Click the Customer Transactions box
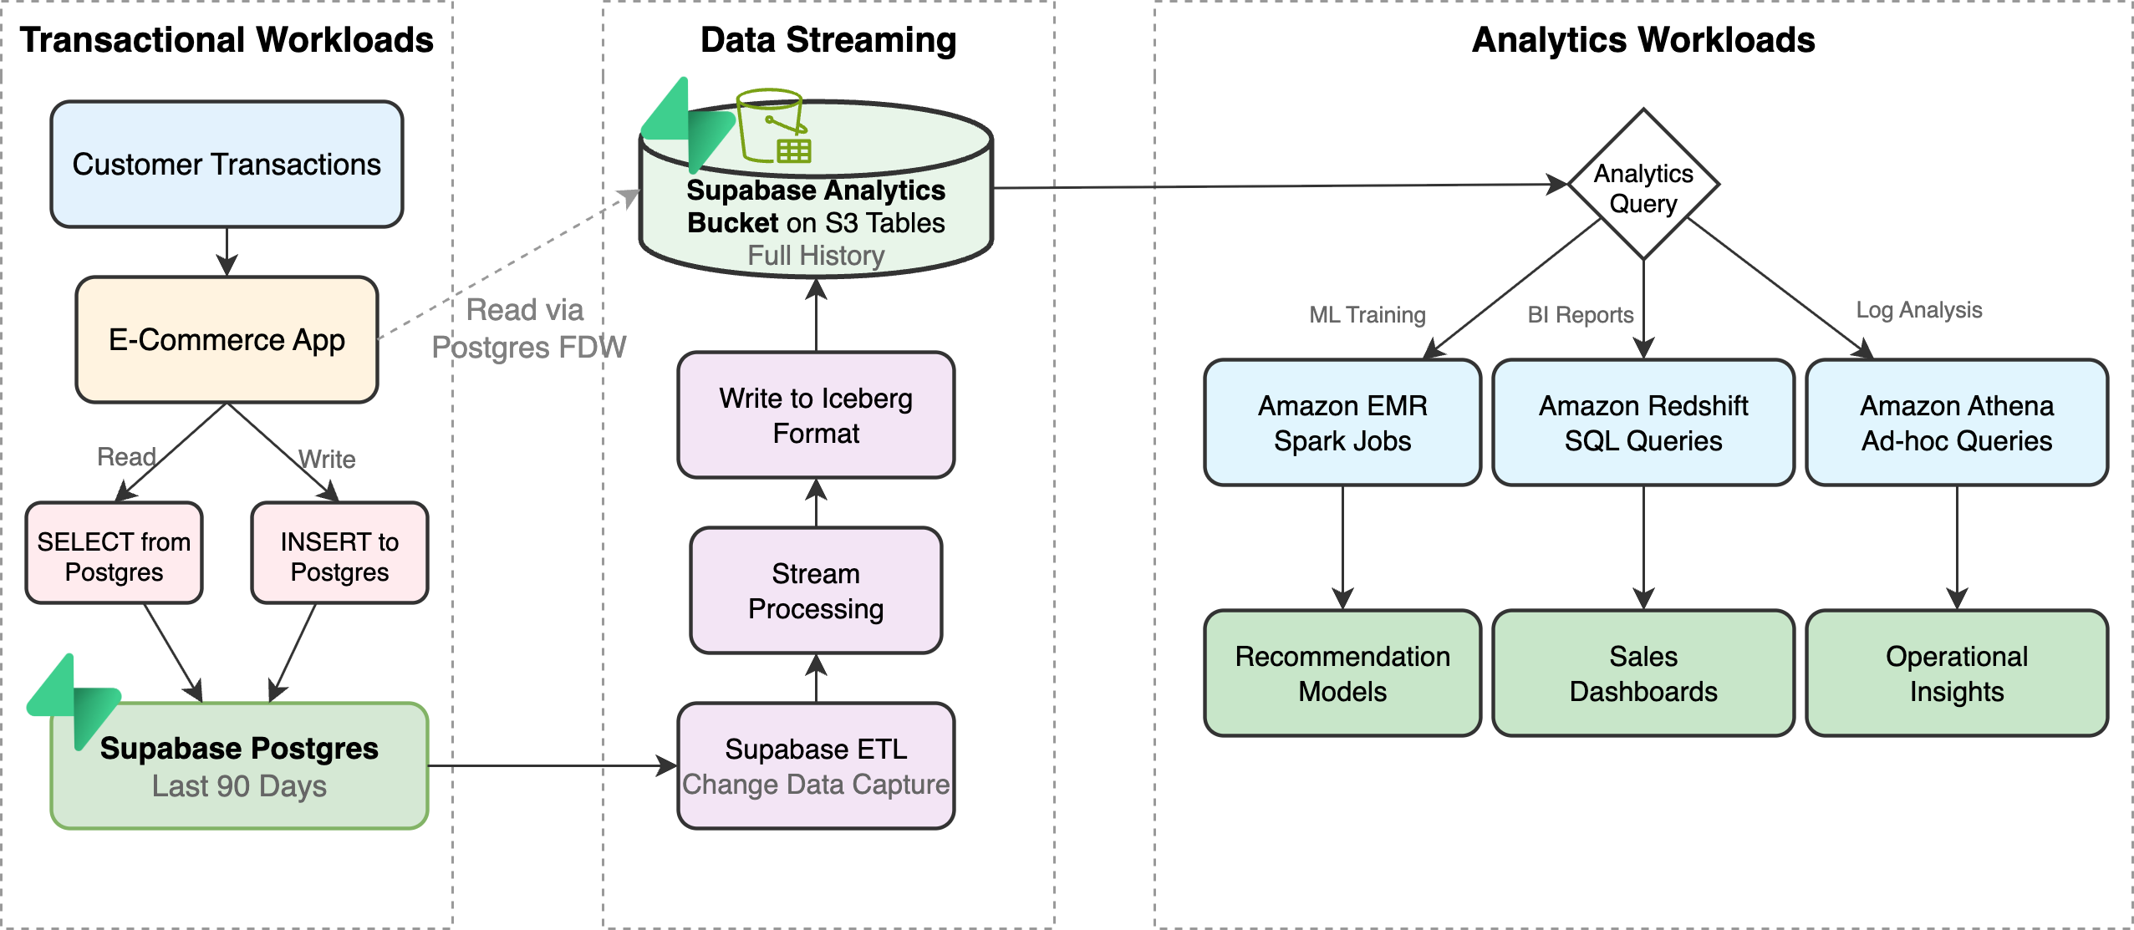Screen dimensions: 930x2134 pos(227,165)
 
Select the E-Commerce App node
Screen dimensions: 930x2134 pos(227,340)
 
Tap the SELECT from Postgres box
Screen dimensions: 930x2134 pos(114,553)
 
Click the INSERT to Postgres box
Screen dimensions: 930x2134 pos(339,553)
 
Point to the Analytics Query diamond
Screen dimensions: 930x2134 pos(1643,185)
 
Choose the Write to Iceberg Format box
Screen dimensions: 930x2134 pos(816,415)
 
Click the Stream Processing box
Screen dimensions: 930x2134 pos(816,591)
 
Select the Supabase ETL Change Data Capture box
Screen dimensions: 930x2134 pos(816,766)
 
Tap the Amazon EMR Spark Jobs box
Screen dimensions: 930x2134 pos(1342,423)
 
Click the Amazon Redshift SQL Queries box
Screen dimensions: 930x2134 pos(1643,423)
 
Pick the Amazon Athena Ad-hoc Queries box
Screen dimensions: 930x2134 pos(1956,423)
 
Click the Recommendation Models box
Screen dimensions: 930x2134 pos(1342,673)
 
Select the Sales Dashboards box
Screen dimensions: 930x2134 pos(1643,673)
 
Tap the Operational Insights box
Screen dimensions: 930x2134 pos(1956,673)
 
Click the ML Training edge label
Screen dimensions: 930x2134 pos(1367,315)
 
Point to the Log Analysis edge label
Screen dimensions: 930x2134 pos(1918,310)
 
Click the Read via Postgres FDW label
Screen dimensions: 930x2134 pos(527,328)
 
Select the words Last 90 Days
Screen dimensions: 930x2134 pos(239,786)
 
